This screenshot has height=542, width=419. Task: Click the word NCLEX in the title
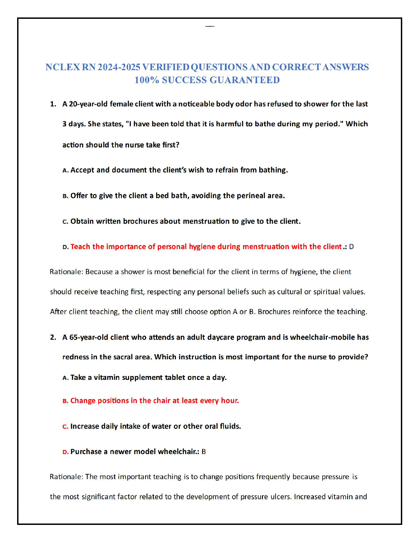(63, 67)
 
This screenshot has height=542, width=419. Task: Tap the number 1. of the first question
(53, 104)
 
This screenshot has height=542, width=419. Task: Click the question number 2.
(53, 337)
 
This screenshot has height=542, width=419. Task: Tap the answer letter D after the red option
(351, 247)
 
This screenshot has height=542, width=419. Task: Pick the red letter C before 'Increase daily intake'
(65, 427)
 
